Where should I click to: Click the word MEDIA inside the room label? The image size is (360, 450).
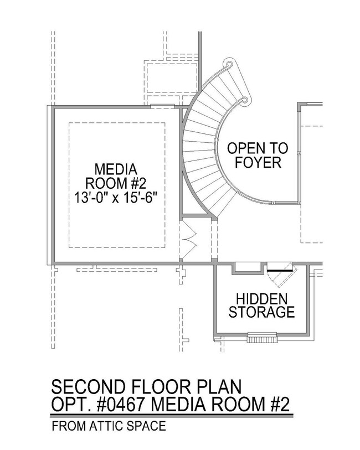[116, 169]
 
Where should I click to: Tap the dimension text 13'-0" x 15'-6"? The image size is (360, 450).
[116, 198]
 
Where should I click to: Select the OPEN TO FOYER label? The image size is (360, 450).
[258, 156]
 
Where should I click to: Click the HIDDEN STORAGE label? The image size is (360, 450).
[261, 306]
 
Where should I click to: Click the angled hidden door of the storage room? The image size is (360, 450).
[281, 274]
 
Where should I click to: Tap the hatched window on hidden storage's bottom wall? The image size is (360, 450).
[263, 338]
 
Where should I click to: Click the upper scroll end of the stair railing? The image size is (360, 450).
[229, 64]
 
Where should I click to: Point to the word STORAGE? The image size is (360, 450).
[261, 312]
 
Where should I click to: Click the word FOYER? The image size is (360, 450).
[258, 162]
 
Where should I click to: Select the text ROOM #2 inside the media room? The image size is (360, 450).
[116, 183]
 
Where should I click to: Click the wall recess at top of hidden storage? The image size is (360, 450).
[248, 268]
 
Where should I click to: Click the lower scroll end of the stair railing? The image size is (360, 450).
[245, 100]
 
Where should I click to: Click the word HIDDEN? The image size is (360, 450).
[261, 299]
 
